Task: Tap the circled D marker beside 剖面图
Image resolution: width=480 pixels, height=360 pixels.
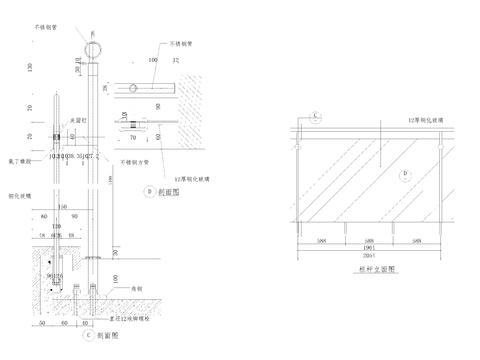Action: click(149, 188)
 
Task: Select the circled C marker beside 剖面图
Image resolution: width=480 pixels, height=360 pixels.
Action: click(87, 335)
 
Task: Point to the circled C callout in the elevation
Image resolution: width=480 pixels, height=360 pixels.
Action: click(314, 116)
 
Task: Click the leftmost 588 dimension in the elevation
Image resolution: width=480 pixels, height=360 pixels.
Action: click(318, 239)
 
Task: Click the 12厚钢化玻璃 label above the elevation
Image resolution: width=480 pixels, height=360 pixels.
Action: click(419, 119)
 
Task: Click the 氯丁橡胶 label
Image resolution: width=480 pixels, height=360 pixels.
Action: click(20, 159)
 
